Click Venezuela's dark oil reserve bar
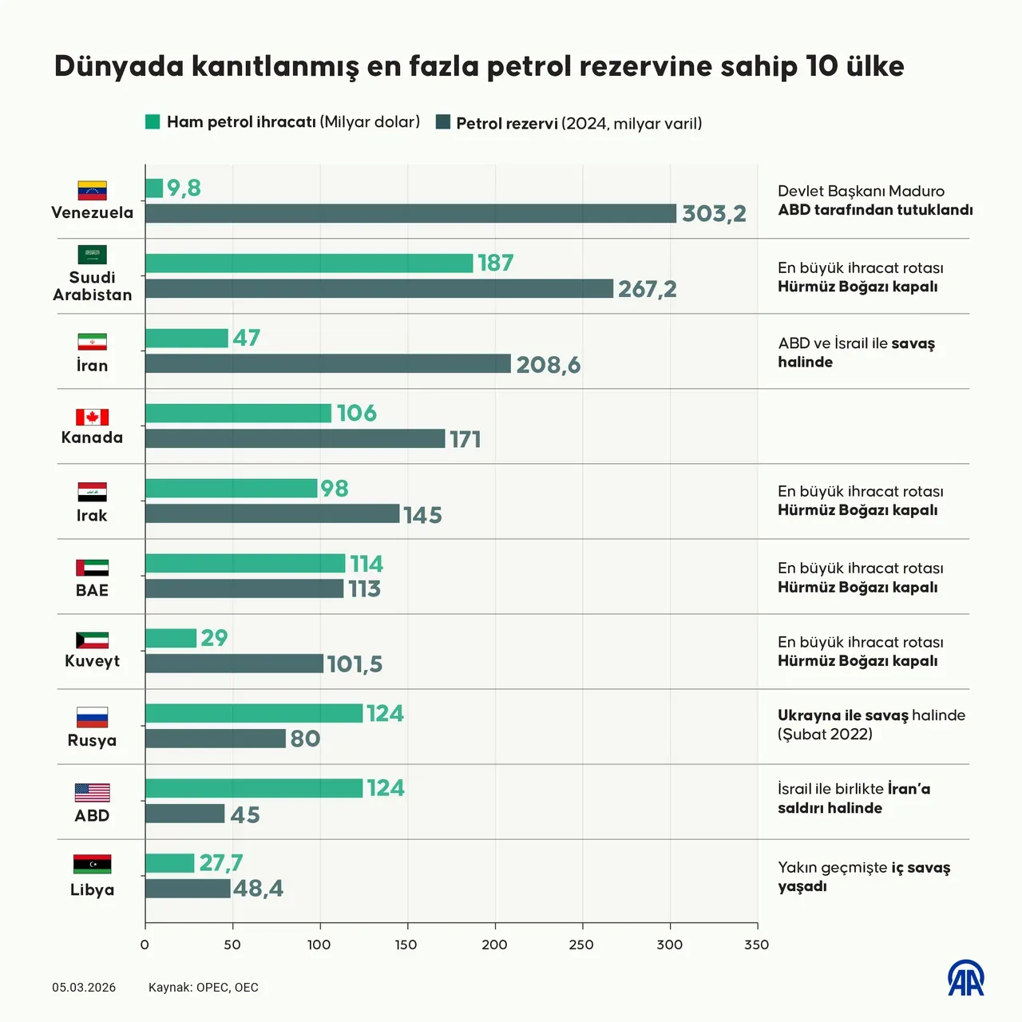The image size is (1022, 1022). [x=410, y=213]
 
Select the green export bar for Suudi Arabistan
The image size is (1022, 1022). [x=309, y=263]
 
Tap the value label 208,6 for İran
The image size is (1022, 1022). [x=548, y=365]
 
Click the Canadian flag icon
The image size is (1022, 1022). [x=92, y=417]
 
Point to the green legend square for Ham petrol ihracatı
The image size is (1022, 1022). [x=153, y=121]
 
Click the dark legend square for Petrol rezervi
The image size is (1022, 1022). [x=443, y=122]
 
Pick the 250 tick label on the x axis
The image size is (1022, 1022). [x=581, y=945]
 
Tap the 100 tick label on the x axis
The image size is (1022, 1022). [x=319, y=945]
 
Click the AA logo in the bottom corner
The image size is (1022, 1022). [x=965, y=978]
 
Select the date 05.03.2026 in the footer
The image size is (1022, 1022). [x=84, y=988]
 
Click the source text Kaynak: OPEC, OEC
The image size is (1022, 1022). [x=204, y=988]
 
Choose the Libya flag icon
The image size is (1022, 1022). [x=92, y=864]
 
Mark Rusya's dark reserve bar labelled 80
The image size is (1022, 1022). [x=215, y=739]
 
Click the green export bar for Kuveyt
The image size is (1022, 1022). [x=171, y=638]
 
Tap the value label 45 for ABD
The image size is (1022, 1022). [x=245, y=814]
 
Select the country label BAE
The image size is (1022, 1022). [x=92, y=590]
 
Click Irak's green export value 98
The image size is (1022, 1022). [x=335, y=489]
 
